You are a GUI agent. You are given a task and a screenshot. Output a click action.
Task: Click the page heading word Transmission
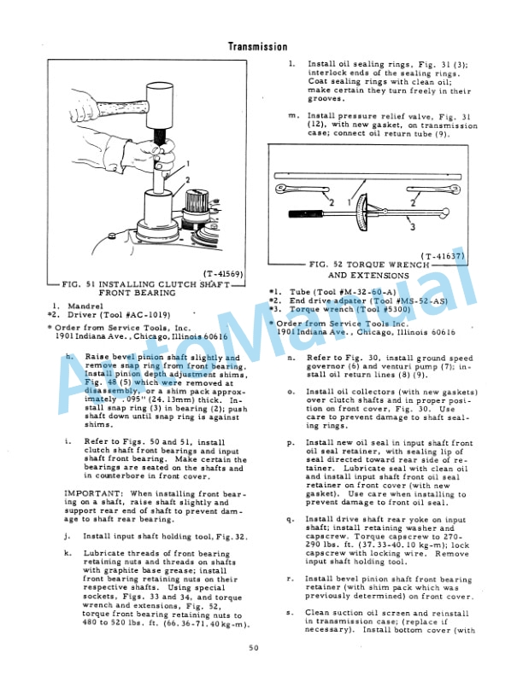point(257,47)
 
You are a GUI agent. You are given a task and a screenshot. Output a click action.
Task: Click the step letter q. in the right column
point(291,519)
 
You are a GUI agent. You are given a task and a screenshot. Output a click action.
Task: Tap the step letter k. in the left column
point(67,553)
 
